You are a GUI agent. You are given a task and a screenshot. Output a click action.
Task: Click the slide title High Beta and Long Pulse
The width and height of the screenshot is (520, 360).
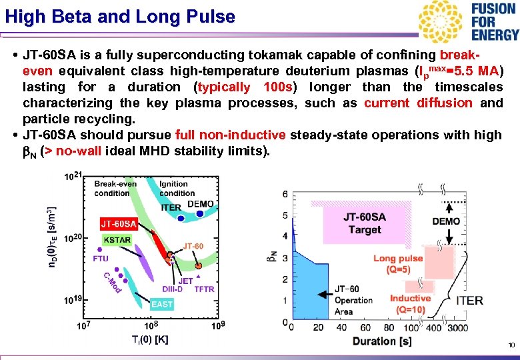120,17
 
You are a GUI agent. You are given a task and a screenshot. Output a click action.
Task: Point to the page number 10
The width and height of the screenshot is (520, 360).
511,345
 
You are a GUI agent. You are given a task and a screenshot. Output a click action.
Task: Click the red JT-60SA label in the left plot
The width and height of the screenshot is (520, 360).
119,223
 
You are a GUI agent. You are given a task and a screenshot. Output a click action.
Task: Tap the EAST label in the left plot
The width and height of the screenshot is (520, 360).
162,304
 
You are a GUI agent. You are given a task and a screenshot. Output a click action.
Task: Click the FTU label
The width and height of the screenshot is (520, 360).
101,258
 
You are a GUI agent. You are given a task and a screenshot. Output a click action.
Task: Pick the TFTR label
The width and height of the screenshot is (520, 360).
203,289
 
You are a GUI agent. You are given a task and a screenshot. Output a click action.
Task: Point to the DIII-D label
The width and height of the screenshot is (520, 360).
172,289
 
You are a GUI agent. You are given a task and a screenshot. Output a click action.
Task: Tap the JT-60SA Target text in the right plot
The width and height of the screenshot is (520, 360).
364,223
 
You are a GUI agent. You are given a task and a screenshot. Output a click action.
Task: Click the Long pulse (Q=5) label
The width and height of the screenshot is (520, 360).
398,264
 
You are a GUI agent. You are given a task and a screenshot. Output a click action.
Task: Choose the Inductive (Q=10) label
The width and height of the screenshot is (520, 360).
410,304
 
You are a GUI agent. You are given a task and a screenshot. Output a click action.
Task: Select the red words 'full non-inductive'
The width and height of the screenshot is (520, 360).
231,135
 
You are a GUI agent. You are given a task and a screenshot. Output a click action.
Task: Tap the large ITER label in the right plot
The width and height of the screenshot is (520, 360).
469,301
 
